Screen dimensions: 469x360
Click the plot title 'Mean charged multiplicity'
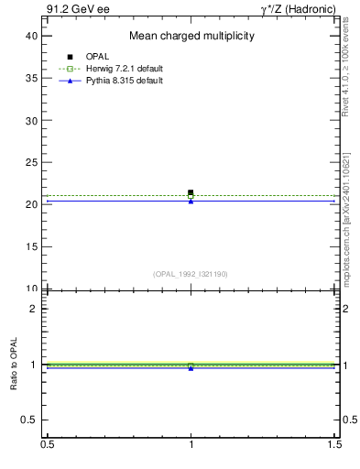[191, 37]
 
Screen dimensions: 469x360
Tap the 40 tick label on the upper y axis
[31, 36]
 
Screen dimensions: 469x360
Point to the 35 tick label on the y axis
[31, 78]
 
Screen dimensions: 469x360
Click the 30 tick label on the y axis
[31, 120]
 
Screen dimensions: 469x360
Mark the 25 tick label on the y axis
[31, 162]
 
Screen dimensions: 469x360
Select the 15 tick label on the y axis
[31, 246]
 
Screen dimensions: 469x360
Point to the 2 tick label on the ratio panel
[34, 309]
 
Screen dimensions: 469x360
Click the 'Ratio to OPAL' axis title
[15, 365]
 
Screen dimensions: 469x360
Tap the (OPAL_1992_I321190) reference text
[191, 274]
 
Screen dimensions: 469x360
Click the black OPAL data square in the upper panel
[191, 192]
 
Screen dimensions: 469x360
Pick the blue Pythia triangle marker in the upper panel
[191, 201]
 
